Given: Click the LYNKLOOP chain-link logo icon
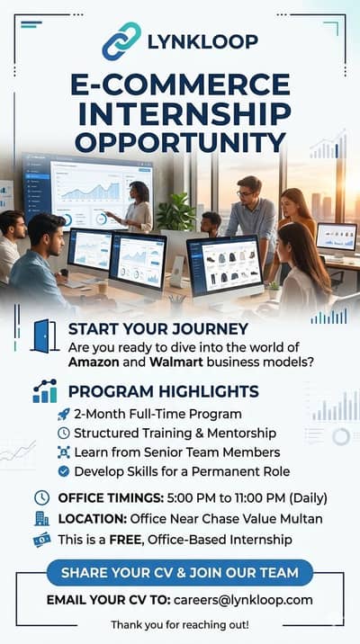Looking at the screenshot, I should pos(121,41).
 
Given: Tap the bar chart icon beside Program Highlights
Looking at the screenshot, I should pos(43,391).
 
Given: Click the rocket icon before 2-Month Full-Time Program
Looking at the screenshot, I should pos(63,414).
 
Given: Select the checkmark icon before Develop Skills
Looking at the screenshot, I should pos(63,470).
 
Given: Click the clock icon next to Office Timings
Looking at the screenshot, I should pos(41,497).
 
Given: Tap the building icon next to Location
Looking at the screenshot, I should pos(41,518).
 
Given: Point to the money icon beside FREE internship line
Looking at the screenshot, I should pos(41,539).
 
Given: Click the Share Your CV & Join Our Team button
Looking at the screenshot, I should pos(180,572).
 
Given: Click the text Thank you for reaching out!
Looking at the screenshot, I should pos(180,624).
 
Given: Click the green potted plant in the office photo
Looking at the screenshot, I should pos(176,212).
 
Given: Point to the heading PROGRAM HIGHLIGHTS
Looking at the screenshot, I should pos(164,391).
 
